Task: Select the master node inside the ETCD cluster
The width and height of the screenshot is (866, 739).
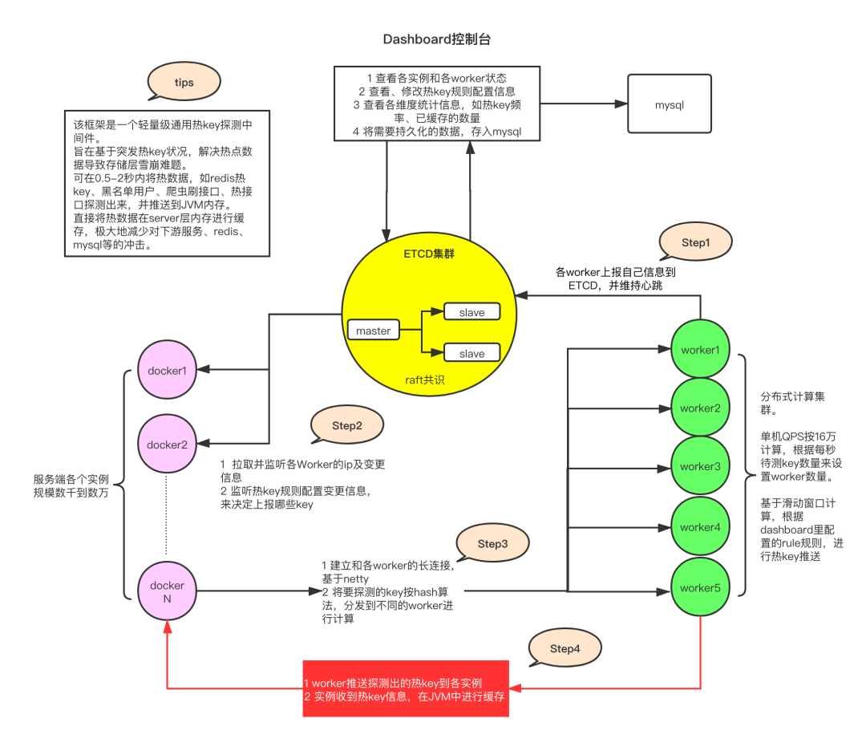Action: click(x=373, y=330)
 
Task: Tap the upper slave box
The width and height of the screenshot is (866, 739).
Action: click(x=471, y=312)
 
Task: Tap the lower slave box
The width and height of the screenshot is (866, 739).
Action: click(x=471, y=353)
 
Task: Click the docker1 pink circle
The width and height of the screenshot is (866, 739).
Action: click(x=167, y=371)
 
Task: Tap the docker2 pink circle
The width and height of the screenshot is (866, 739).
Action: click(x=167, y=444)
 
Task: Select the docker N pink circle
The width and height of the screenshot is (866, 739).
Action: click(x=167, y=592)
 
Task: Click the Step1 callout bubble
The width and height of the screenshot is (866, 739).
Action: click(x=694, y=242)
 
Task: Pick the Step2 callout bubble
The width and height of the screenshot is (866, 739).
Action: click(x=346, y=426)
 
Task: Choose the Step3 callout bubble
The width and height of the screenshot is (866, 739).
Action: click(x=492, y=544)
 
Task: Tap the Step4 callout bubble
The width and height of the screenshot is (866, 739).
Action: click(x=565, y=648)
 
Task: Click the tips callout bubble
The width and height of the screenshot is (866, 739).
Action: click(x=184, y=83)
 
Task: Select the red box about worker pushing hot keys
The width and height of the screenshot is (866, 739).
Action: click(x=406, y=689)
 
